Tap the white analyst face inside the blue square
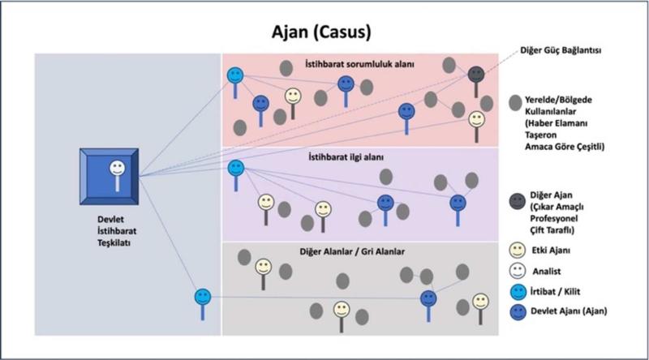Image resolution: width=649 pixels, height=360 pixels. click(x=117, y=169)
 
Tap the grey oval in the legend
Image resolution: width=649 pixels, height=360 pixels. click(x=515, y=103)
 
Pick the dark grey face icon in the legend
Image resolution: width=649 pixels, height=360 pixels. click(x=515, y=199)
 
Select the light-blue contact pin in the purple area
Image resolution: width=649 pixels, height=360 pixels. click(x=235, y=169)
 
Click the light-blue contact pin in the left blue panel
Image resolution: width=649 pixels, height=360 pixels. click(x=202, y=298)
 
